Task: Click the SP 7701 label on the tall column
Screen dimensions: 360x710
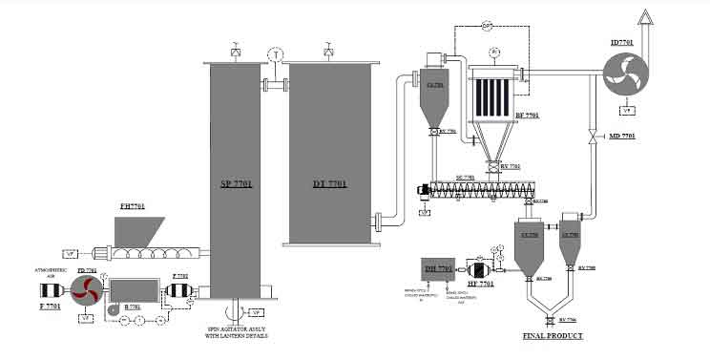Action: click(x=235, y=184)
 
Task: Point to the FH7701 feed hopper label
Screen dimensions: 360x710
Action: click(x=131, y=205)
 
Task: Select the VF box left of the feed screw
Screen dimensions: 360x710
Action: click(x=70, y=253)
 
